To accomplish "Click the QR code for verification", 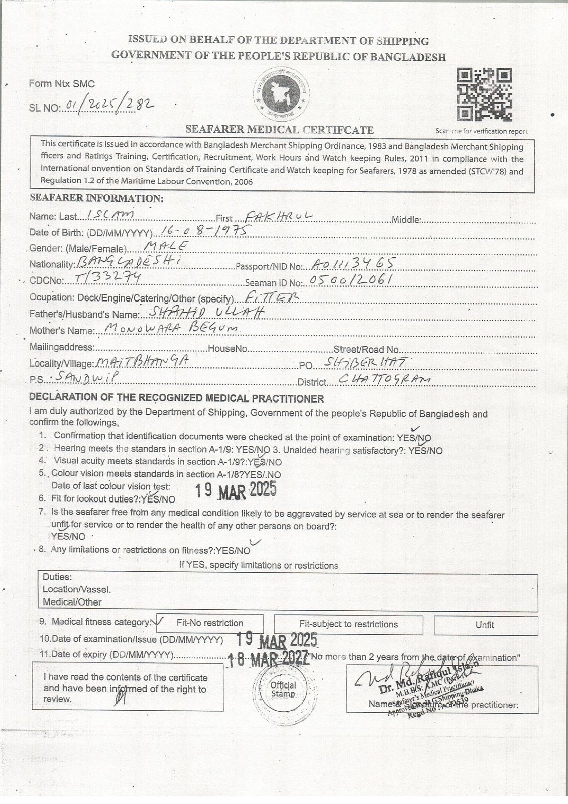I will tap(484, 94).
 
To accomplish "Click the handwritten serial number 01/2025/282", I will tap(106, 105).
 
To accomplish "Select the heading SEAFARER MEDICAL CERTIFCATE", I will tap(279, 130).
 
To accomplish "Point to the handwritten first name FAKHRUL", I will tap(277, 216).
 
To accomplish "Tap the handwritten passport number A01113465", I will tap(353, 263).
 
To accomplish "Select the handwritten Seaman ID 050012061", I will tap(351, 280).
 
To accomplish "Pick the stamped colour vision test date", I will tap(235, 490).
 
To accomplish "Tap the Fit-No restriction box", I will tap(209, 623).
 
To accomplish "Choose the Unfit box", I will tap(485, 625).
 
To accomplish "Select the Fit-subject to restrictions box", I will tap(349, 624).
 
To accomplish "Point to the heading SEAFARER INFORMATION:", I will tap(96, 198).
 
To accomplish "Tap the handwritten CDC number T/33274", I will tap(106, 278).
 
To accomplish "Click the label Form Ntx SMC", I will tap(62, 84).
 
